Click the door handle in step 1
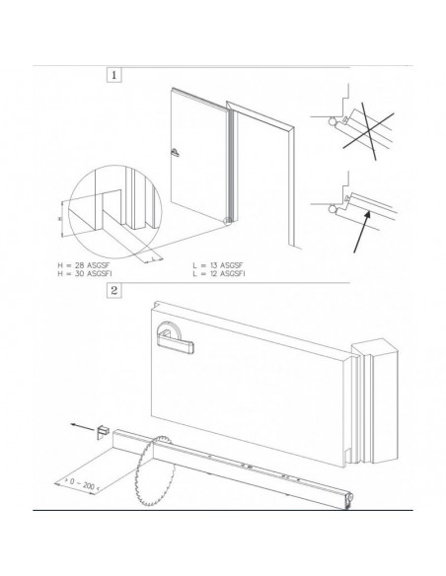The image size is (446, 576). pyautogui.click(x=175, y=152)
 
